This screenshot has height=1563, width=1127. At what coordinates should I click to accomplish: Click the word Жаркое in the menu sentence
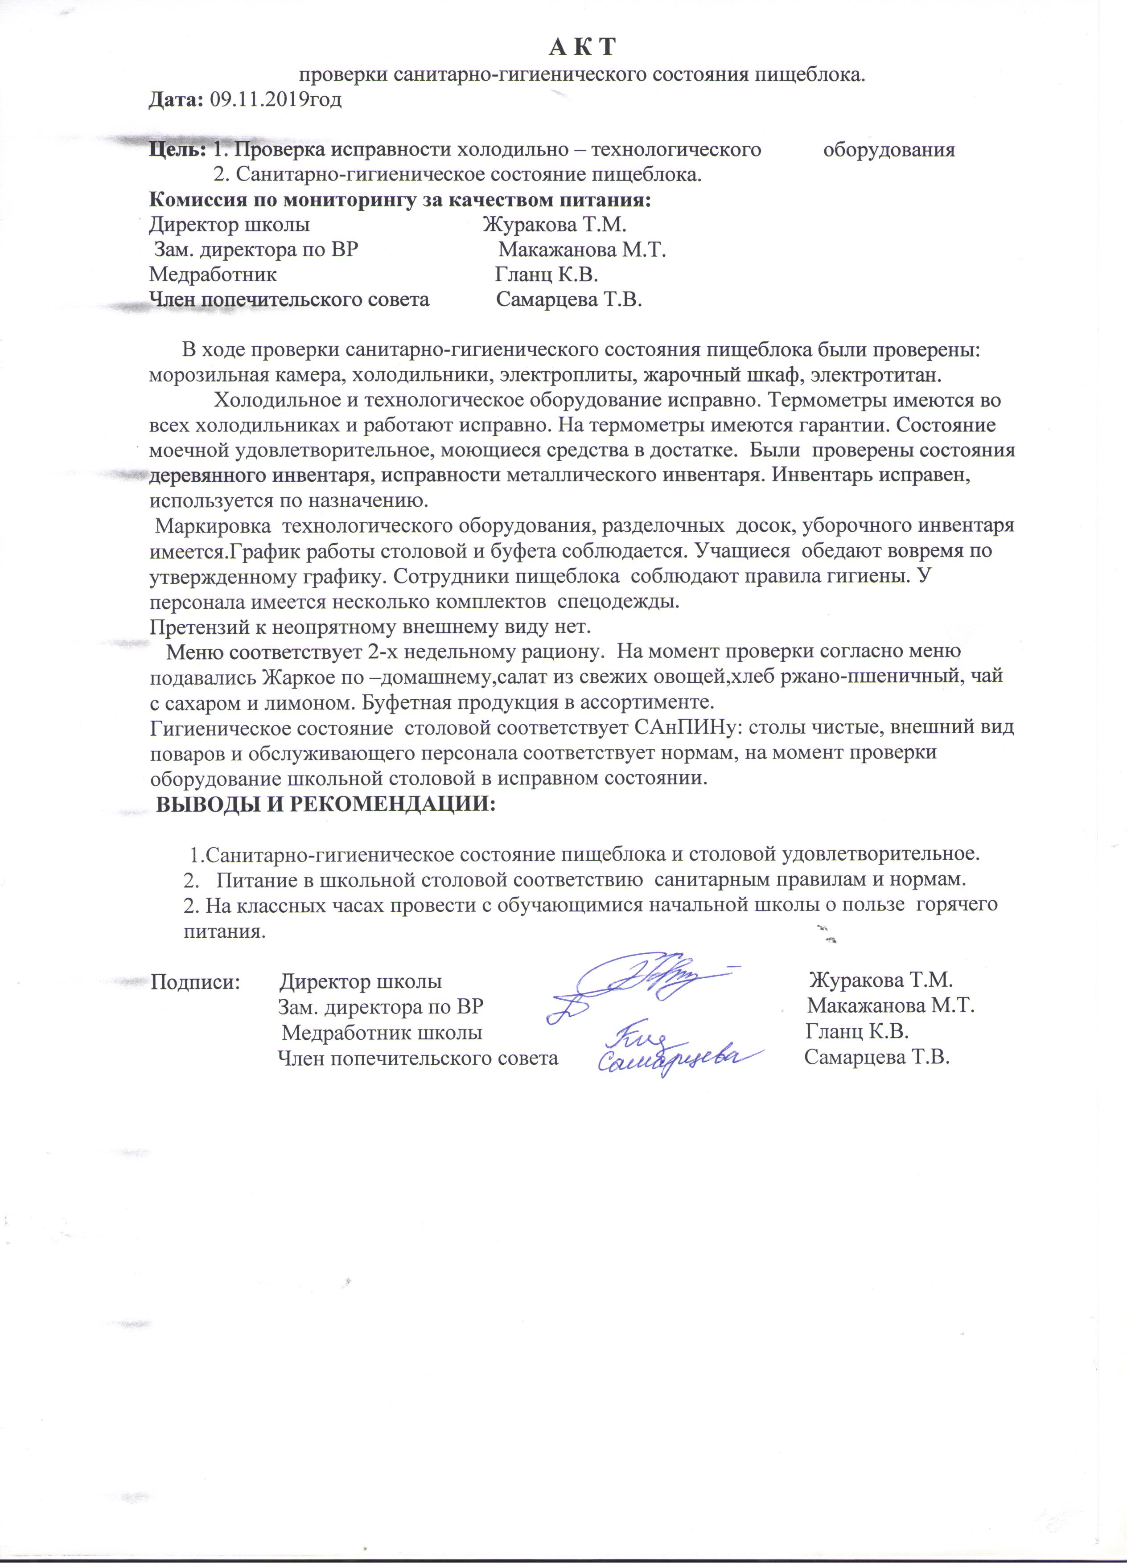[293, 676]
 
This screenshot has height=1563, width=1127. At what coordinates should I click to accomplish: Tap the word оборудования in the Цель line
[889, 150]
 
